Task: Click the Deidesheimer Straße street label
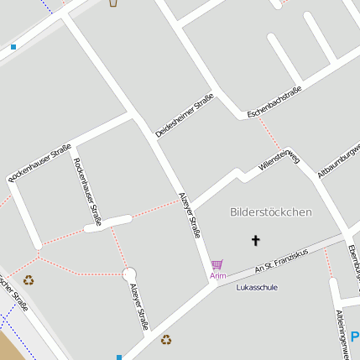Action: (185, 115)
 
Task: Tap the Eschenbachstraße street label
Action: (274, 102)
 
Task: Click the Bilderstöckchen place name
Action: (270, 212)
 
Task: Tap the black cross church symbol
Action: (256, 241)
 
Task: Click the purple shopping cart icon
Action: (217, 264)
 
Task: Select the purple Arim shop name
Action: (217, 275)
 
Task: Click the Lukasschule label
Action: (257, 287)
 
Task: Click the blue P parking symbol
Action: (355, 337)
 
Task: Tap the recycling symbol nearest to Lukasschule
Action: (166, 340)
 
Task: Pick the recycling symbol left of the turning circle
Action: (29, 280)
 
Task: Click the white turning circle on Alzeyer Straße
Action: (129, 274)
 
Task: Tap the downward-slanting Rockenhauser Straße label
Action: (87, 191)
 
